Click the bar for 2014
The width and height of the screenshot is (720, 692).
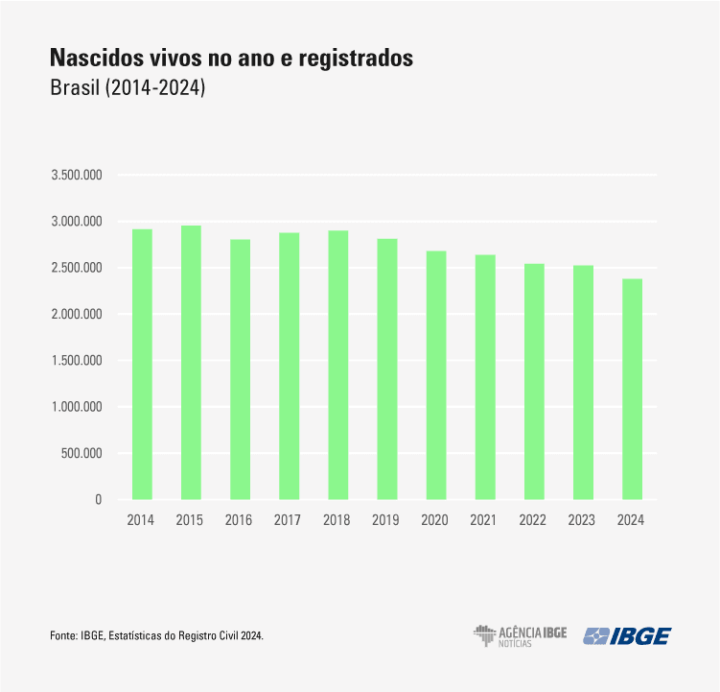142,365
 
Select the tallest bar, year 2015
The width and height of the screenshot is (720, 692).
191,363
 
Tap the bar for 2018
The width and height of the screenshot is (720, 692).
337,366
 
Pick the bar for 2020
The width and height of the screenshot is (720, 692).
435,375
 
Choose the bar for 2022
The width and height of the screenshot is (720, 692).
534,382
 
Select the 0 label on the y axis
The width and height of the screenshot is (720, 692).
98,499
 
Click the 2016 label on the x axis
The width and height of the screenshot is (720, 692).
240,519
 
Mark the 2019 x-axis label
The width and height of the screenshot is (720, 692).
386,519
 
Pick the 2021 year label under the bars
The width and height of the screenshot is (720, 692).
484,519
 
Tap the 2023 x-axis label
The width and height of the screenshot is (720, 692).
582,519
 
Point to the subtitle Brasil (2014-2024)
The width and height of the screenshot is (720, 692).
128,88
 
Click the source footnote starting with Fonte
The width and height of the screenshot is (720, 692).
156,636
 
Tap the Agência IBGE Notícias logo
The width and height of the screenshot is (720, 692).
520,635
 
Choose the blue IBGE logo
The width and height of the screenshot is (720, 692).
629,635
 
